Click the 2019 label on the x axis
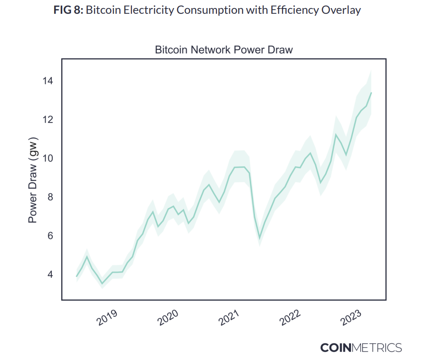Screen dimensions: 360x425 [x=108, y=317]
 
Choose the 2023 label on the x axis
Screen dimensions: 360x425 [x=352, y=317]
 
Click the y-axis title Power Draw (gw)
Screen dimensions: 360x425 [x=33, y=181]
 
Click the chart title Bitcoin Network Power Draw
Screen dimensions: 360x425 [x=224, y=50]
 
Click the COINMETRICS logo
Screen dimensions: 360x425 [x=361, y=347]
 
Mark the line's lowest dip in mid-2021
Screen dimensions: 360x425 [x=259, y=237]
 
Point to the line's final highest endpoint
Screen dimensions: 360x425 [x=371, y=93]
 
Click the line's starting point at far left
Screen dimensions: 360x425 [x=76, y=276]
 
